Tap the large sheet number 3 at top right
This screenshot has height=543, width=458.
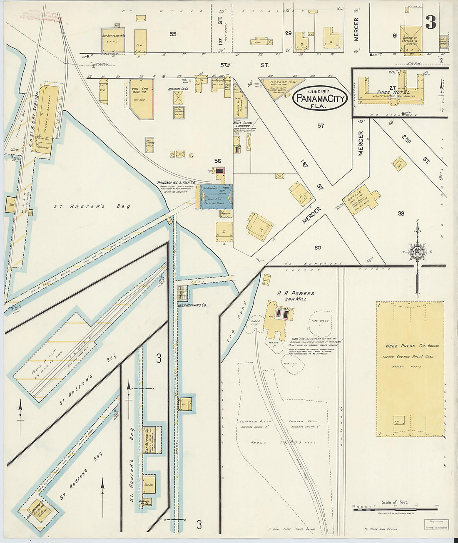click(x=431, y=22)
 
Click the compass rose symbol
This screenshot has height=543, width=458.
click(x=417, y=252)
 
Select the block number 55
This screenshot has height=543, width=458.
click(x=173, y=34)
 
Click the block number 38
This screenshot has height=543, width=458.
click(x=401, y=213)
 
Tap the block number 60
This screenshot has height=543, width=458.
click(x=318, y=248)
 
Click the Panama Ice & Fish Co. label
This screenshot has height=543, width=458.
click(x=176, y=183)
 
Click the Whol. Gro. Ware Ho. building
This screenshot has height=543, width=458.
click(x=140, y=99)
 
